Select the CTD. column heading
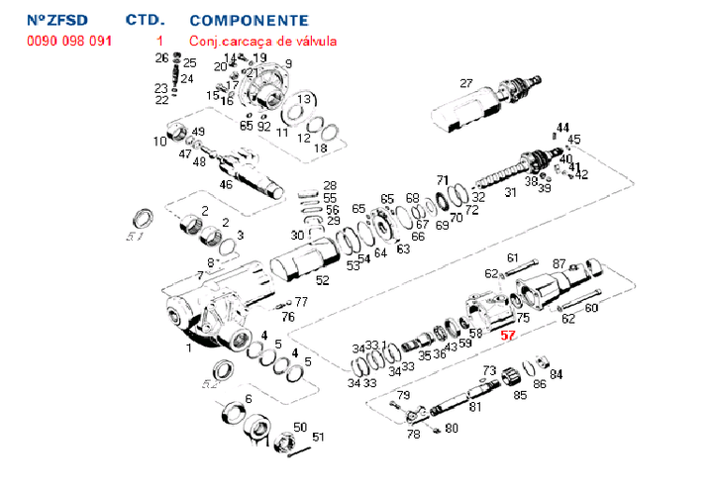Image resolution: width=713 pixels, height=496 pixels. click(x=146, y=20)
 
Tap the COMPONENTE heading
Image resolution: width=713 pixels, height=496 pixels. click(x=248, y=20)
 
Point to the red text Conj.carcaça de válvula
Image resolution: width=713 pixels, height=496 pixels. click(x=263, y=41)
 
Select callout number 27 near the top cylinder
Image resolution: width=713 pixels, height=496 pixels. click(x=466, y=84)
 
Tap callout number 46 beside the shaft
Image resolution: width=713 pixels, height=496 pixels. click(x=226, y=184)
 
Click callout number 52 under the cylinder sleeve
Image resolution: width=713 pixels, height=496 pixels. click(x=322, y=280)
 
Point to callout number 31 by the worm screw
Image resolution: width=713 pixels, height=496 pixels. click(x=510, y=193)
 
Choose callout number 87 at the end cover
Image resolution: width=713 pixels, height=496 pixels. click(x=560, y=263)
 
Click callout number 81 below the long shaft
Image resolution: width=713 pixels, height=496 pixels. click(x=475, y=406)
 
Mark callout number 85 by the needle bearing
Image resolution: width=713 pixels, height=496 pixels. click(x=519, y=395)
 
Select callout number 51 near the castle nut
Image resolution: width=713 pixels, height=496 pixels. click(x=318, y=437)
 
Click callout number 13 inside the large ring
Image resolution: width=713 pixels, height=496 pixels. click(x=306, y=100)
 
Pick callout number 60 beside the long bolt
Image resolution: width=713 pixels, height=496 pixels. click(x=592, y=308)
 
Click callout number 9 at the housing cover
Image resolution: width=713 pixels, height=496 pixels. click(x=288, y=64)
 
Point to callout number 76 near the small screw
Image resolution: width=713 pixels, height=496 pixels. click(x=288, y=317)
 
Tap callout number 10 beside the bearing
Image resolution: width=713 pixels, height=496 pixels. click(x=159, y=142)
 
